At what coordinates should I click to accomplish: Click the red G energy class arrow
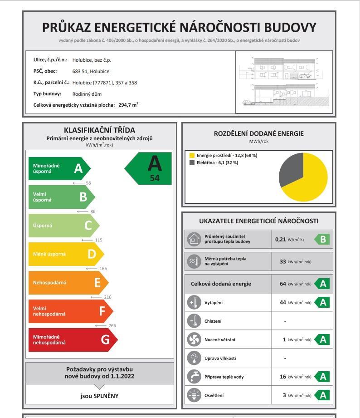click(x=73, y=339)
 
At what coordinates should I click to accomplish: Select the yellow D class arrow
click(x=66, y=254)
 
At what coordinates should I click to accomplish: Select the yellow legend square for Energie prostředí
click(x=192, y=155)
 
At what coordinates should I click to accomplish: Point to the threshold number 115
click(x=98, y=240)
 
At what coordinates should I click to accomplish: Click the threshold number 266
click(x=112, y=325)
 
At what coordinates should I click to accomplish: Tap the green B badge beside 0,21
click(x=322, y=239)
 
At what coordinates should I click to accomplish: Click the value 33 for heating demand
click(x=283, y=261)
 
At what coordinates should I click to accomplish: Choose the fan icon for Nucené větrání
click(x=194, y=339)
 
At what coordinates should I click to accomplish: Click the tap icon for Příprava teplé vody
click(x=194, y=377)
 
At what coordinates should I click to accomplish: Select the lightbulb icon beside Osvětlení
click(x=194, y=395)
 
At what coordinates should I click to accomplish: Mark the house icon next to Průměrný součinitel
click(x=194, y=239)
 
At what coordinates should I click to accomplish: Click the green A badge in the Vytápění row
click(x=322, y=302)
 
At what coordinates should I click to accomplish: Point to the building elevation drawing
click(x=284, y=82)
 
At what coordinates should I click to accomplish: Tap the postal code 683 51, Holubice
click(x=91, y=71)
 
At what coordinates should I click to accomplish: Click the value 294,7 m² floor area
click(x=128, y=105)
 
